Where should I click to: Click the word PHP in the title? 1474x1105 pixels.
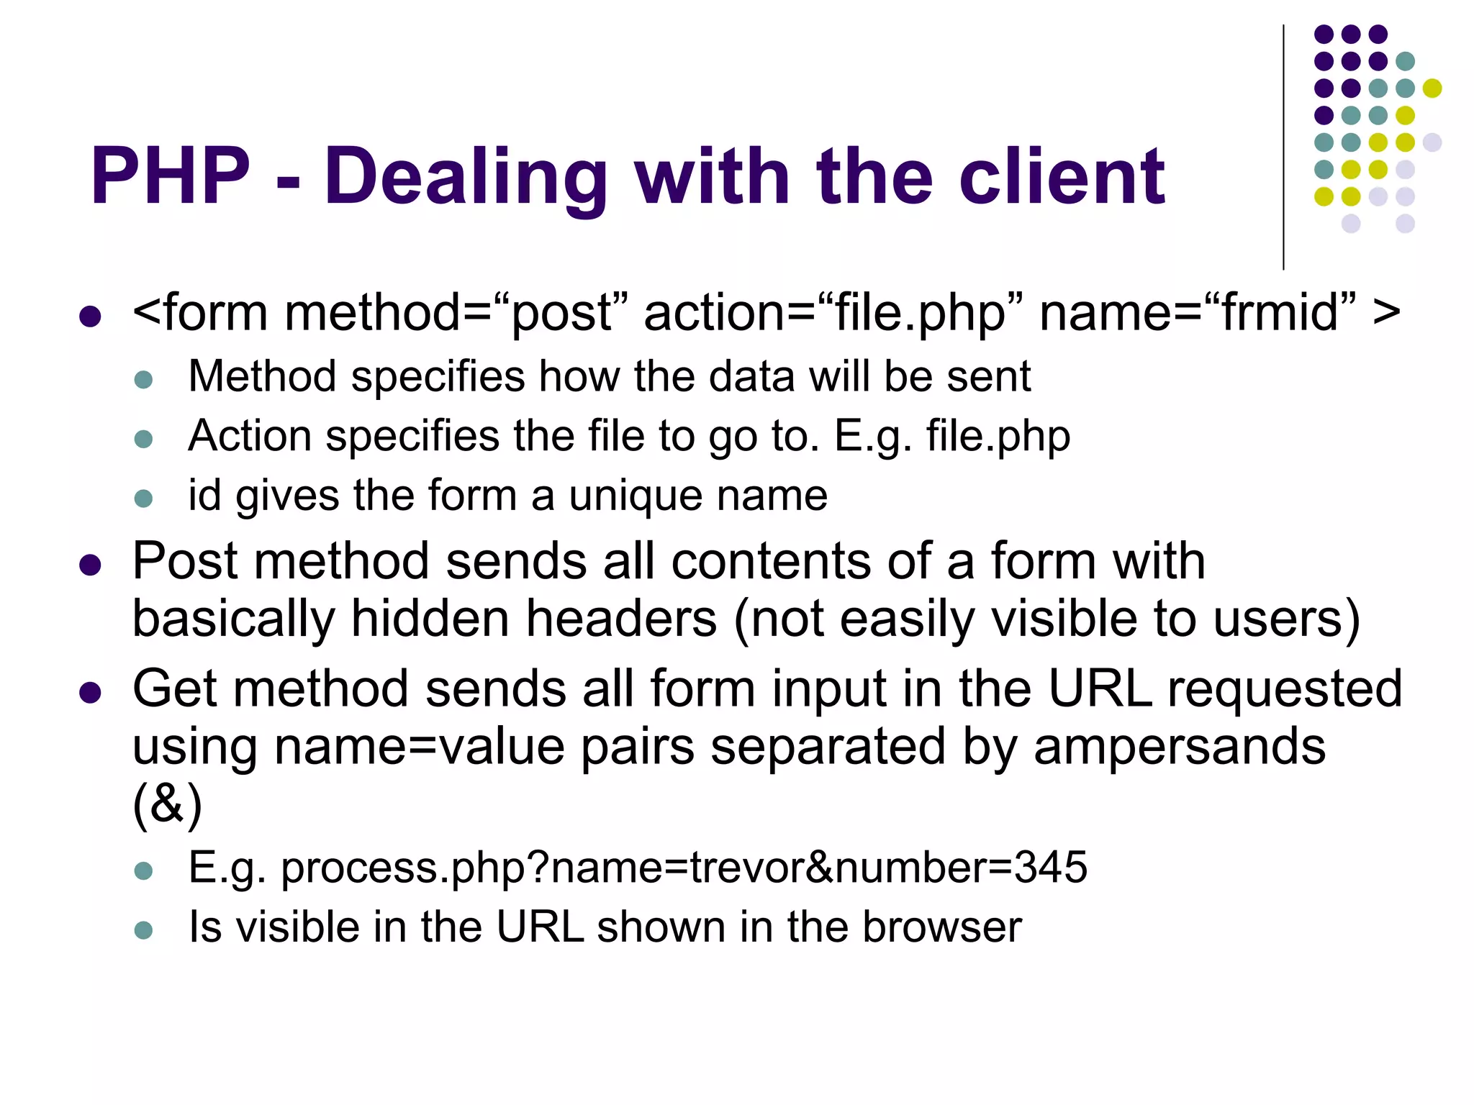(x=170, y=176)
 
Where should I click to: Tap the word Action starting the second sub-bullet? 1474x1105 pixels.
(x=250, y=436)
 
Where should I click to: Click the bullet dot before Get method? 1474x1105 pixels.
(x=90, y=693)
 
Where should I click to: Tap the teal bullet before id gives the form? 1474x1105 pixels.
(x=144, y=498)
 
